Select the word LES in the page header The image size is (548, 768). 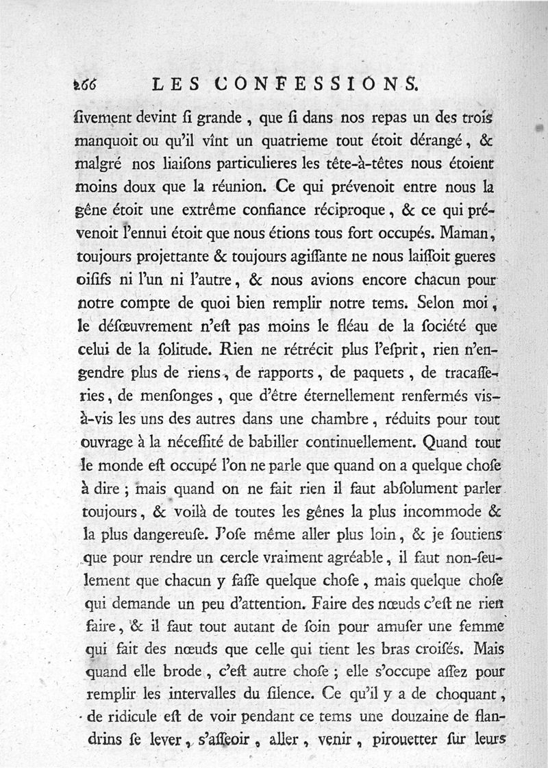click(x=176, y=85)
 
